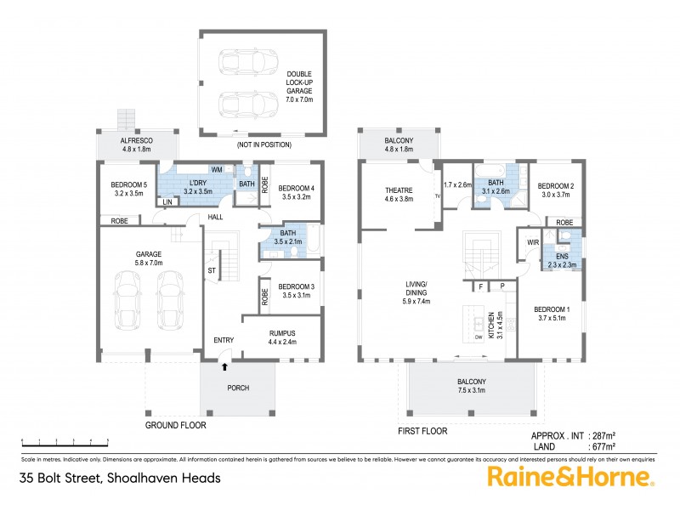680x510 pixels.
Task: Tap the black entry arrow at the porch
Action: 224,367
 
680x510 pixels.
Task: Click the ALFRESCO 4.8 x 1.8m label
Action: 124,144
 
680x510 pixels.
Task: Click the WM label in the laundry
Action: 217,170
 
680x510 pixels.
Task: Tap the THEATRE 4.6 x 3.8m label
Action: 398,195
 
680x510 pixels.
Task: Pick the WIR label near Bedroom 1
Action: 534,243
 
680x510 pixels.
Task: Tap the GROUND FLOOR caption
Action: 175,425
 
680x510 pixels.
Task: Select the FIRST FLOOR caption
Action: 422,431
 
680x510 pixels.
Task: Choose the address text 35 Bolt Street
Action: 120,478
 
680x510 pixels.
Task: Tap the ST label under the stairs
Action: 212,270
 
